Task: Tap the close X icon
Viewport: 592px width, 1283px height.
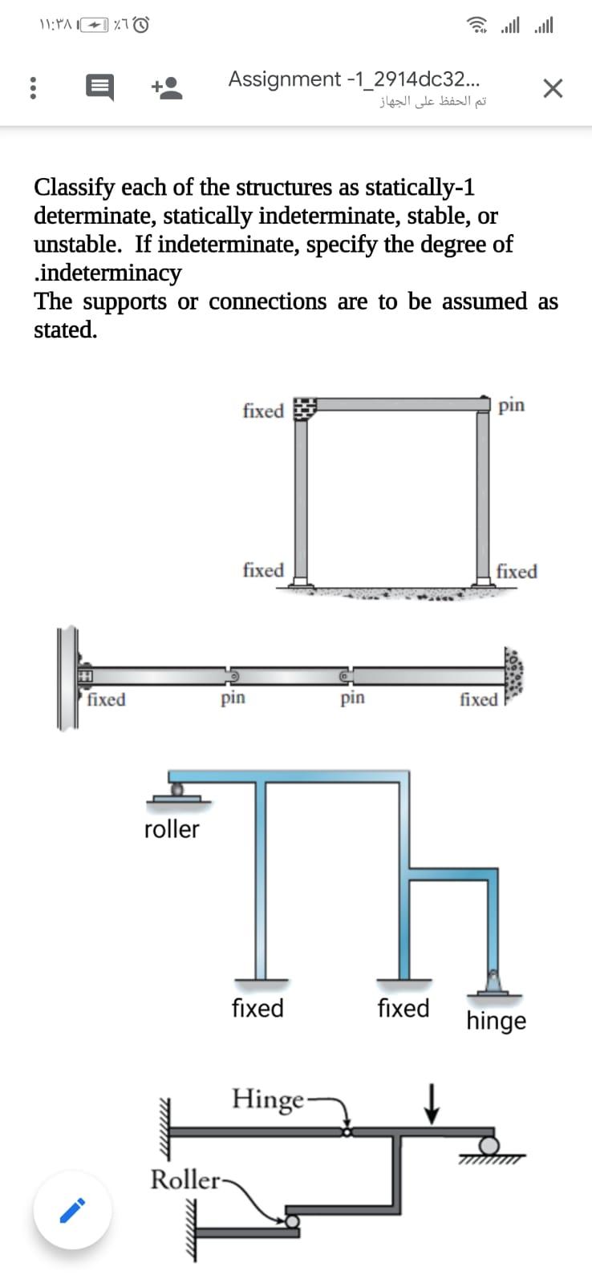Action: [552, 87]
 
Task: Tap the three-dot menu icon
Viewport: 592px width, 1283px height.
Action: [33, 87]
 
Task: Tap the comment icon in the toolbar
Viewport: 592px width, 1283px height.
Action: [99, 87]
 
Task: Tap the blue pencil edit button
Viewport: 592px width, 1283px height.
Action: [72, 1210]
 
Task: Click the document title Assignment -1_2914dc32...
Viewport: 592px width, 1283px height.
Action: [355, 79]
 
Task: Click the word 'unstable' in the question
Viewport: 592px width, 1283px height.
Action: [77, 244]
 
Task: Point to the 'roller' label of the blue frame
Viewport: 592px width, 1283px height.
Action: [172, 828]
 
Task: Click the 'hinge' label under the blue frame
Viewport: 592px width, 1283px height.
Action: [497, 1021]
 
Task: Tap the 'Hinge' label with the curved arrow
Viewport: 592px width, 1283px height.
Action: [268, 1098]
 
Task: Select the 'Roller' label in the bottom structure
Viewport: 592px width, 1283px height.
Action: [184, 1180]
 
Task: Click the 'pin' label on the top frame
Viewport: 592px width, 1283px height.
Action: [512, 405]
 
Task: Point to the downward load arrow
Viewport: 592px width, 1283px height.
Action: [432, 1103]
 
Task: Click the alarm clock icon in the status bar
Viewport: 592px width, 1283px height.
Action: [141, 26]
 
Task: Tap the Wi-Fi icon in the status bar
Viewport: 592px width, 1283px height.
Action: [480, 26]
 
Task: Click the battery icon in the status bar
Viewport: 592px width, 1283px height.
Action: [95, 26]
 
